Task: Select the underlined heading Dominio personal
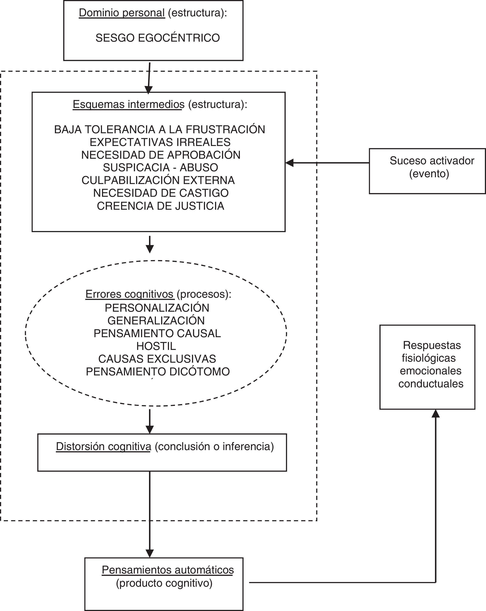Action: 122,13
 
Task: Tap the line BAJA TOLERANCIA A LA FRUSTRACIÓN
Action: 160,129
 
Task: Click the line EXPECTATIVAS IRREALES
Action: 160,142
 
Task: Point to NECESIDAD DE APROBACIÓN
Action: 161,155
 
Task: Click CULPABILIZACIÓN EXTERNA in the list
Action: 158,180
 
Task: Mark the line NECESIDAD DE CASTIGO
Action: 161,193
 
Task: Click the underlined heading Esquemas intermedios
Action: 129,105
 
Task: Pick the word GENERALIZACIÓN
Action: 156,320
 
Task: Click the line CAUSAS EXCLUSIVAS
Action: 157,359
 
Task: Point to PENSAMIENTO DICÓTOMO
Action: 158,372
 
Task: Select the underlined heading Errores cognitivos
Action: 129,294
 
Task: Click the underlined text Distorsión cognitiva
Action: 103,446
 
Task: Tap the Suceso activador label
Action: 432,161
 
